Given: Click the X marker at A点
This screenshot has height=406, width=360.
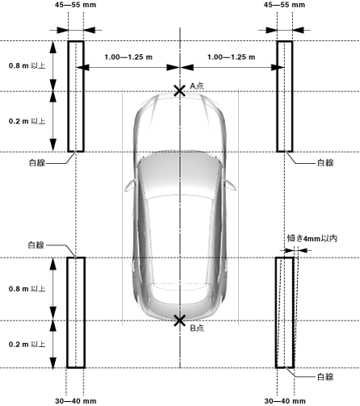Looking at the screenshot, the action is point(179,91).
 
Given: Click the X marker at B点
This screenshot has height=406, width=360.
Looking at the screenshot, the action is point(179,320).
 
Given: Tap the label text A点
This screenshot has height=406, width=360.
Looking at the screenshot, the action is point(197,86).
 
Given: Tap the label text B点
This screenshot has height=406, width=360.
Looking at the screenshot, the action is point(197,328).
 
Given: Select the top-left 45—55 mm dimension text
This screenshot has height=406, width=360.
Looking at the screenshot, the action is point(75,5).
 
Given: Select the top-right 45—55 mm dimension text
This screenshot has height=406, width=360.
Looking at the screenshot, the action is point(284,5).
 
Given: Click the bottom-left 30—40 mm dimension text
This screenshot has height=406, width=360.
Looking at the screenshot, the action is point(76,401).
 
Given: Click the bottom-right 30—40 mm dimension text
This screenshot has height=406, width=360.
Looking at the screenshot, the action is point(285,401).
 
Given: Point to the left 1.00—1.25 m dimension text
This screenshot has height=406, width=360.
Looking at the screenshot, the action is point(128,57).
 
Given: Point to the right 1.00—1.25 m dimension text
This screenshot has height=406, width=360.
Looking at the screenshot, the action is point(231,57).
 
